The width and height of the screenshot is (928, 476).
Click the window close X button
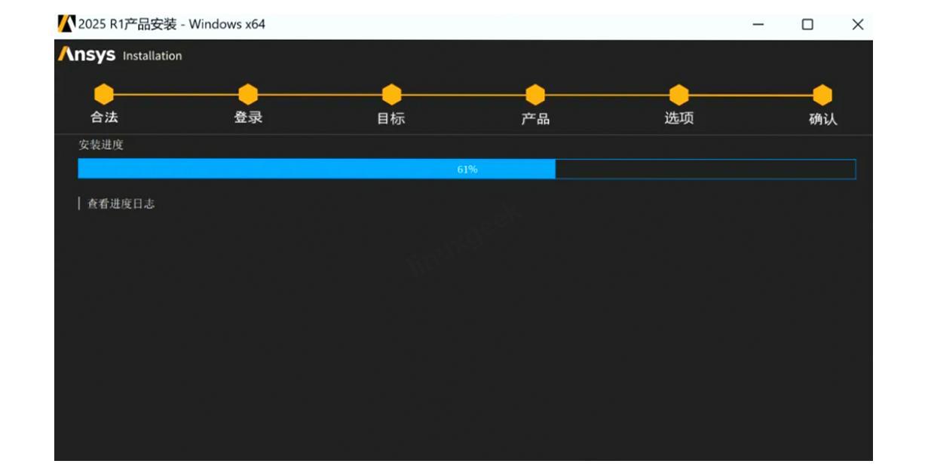pyautogui.click(x=857, y=25)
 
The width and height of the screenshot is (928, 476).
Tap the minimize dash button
pyautogui.click(x=758, y=25)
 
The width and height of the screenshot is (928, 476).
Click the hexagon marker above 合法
pyautogui.click(x=104, y=95)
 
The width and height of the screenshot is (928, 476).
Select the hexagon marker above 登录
pyautogui.click(x=248, y=95)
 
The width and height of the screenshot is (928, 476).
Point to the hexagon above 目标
pyautogui.click(x=391, y=95)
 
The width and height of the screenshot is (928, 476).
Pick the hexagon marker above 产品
pyautogui.click(x=535, y=95)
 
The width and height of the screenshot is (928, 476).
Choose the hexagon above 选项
pyautogui.click(x=679, y=95)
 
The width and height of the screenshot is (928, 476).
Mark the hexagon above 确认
pyautogui.click(x=822, y=95)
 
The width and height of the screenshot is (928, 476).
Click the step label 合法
pyautogui.click(x=104, y=117)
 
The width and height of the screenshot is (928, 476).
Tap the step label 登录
pyautogui.click(x=248, y=117)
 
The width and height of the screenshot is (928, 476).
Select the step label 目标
pyautogui.click(x=391, y=118)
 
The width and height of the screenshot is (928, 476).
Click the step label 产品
pyautogui.click(x=535, y=118)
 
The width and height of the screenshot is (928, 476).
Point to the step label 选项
pyautogui.click(x=679, y=118)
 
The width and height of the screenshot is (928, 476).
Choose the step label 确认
pyautogui.click(x=823, y=119)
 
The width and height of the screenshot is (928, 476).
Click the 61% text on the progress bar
pyautogui.click(x=467, y=169)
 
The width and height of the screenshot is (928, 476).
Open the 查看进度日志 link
pyautogui.click(x=121, y=204)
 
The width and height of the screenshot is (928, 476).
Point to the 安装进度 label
pyautogui.click(x=101, y=145)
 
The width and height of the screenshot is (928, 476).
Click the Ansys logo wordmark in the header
pyautogui.click(x=87, y=55)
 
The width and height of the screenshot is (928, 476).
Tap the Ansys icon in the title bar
pyautogui.click(x=66, y=24)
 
